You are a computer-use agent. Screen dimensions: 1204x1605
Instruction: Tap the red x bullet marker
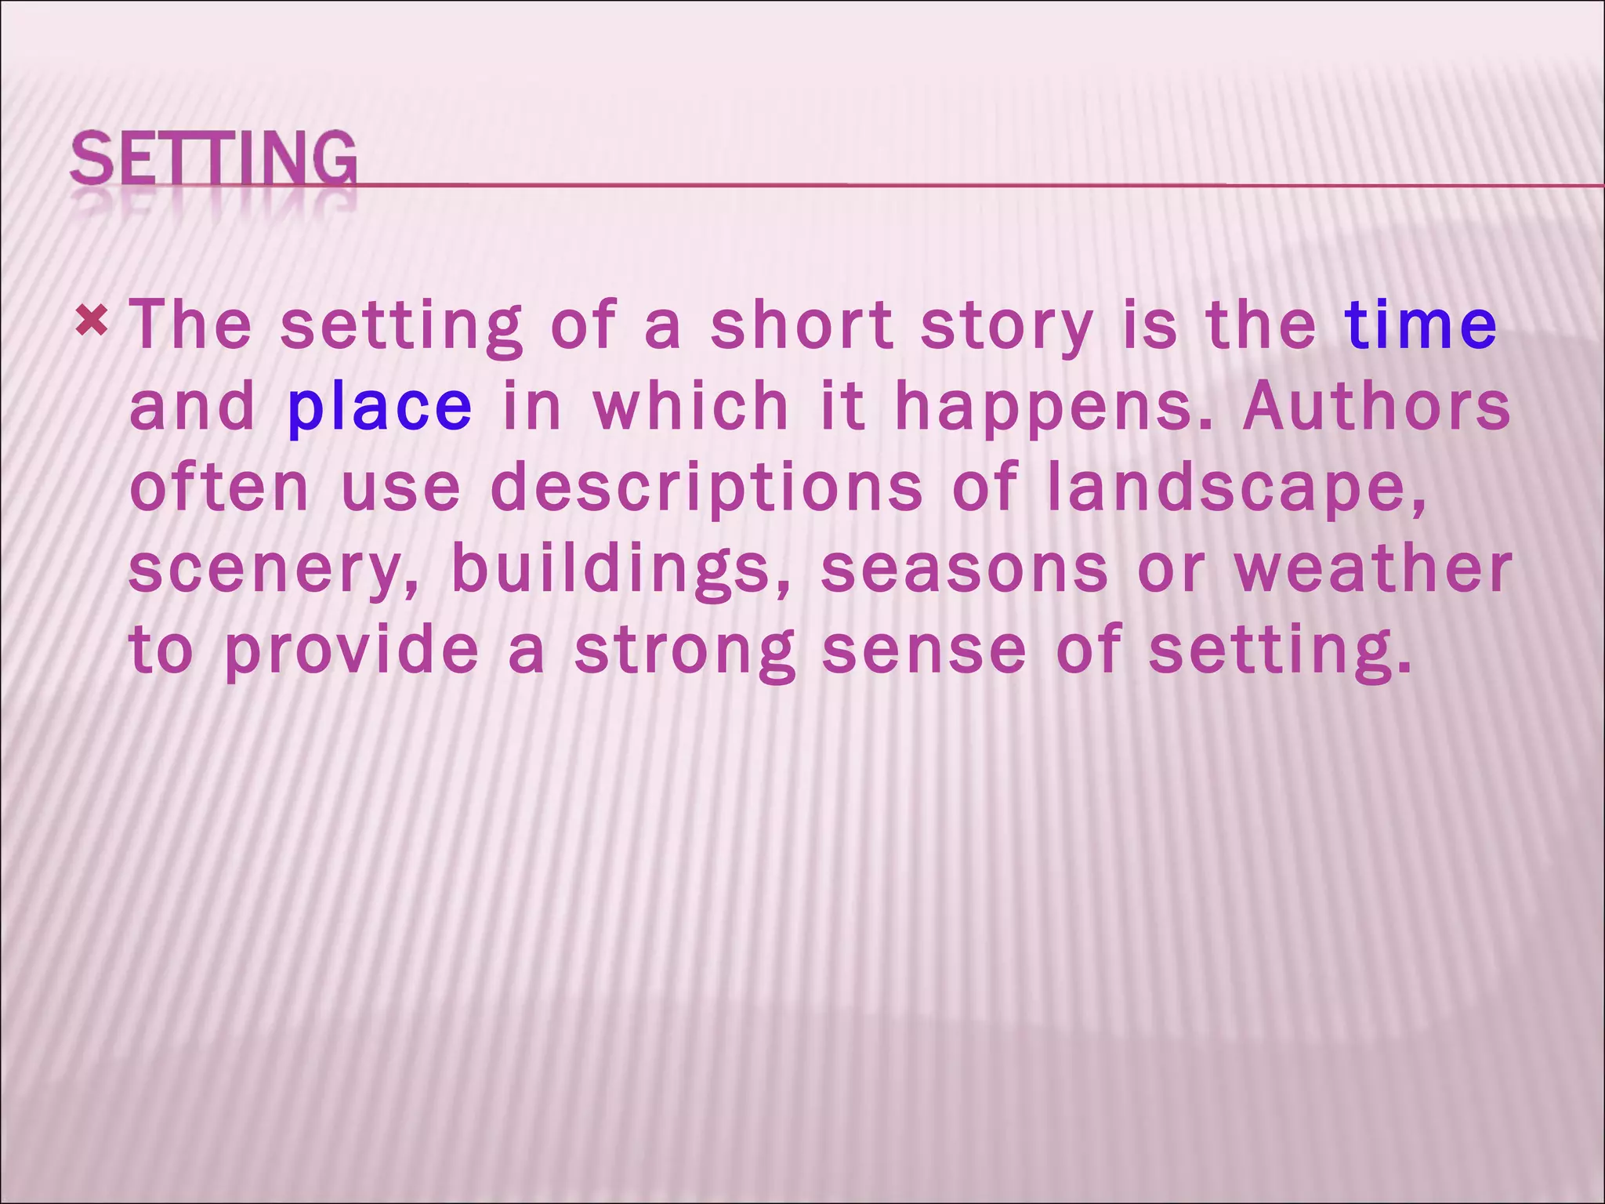pos(92,321)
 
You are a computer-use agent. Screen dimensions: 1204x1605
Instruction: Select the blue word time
pos(1420,325)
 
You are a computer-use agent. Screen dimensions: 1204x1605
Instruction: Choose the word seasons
pos(964,569)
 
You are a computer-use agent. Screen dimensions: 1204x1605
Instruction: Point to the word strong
pos(685,651)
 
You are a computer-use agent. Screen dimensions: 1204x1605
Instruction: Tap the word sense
pos(923,651)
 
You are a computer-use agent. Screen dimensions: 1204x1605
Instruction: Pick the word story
pos(1006,325)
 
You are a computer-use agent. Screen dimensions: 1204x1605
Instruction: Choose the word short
pos(802,325)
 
